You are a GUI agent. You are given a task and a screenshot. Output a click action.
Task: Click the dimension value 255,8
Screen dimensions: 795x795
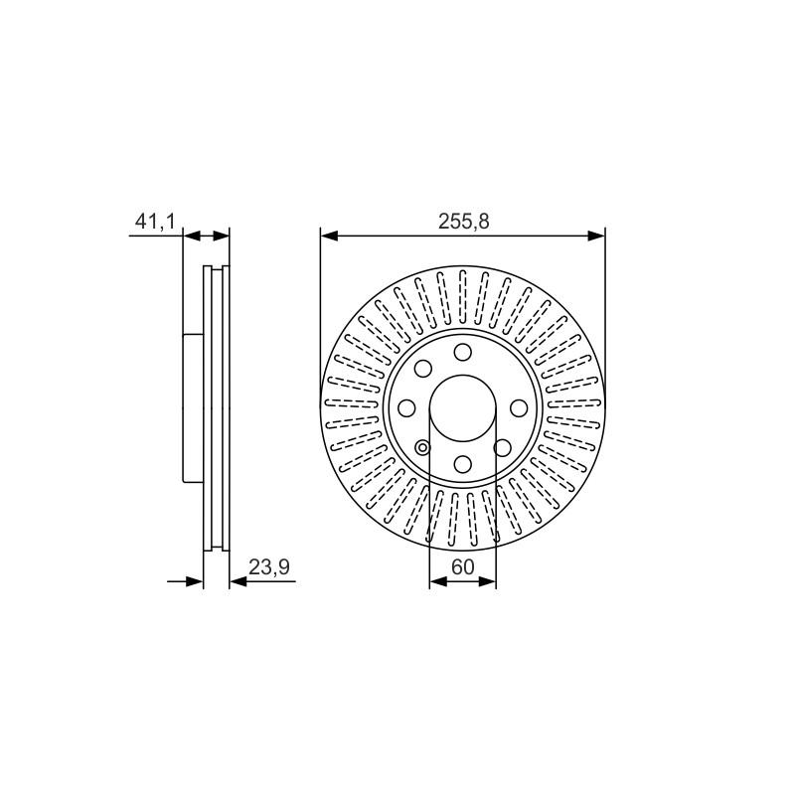pyautogui.click(x=463, y=222)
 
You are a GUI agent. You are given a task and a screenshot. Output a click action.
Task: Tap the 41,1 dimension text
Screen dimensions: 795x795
pyautogui.click(x=155, y=222)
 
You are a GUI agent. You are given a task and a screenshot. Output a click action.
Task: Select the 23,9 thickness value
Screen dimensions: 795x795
pyautogui.click(x=268, y=566)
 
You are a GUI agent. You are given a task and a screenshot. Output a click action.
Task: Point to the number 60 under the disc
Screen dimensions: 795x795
pyautogui.click(x=462, y=566)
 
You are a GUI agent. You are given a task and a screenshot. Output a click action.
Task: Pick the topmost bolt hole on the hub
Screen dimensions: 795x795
pyautogui.click(x=462, y=352)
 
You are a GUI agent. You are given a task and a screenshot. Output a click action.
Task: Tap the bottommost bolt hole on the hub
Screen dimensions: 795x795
pyautogui.click(x=462, y=463)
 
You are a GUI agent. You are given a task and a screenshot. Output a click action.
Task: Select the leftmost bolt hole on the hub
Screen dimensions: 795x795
pyautogui.click(x=406, y=407)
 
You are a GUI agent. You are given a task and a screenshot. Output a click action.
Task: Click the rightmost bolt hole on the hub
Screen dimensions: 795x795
pyautogui.click(x=519, y=407)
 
